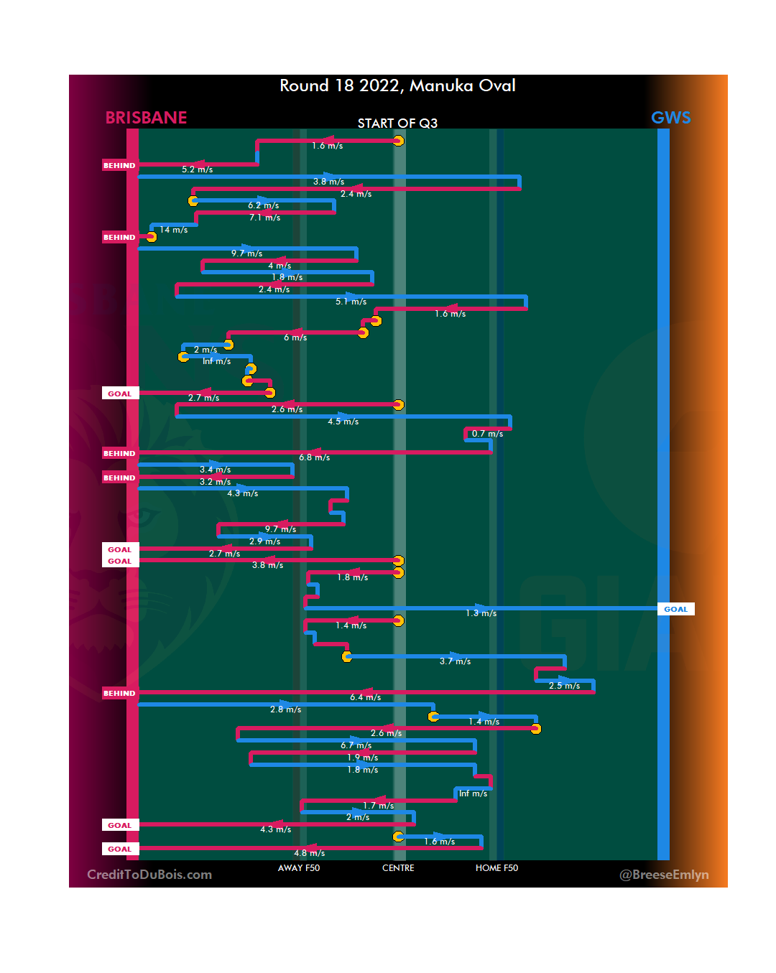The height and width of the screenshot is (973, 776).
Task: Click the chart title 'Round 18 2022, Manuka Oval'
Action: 397,85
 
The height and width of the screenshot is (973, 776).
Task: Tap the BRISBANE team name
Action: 146,118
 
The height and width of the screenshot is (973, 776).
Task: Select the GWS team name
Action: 670,118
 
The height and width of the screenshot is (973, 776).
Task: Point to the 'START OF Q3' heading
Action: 397,124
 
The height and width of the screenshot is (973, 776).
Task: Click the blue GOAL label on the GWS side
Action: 675,609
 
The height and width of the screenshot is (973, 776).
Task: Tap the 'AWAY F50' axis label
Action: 299,868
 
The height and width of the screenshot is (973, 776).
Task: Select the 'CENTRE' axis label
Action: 398,868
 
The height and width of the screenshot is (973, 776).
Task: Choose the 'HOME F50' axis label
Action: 496,868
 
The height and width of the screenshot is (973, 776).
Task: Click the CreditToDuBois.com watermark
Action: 149,875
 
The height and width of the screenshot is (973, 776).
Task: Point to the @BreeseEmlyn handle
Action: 664,875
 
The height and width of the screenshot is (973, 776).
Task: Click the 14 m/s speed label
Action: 174,230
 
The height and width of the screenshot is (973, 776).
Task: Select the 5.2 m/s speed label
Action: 197,169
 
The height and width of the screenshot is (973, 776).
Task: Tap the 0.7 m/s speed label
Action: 487,434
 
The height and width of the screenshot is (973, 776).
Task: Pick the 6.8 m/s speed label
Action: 315,457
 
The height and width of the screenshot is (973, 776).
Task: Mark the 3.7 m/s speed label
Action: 455,661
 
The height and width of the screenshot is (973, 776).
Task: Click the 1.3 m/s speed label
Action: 481,613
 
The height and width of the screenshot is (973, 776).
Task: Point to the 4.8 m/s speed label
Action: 309,853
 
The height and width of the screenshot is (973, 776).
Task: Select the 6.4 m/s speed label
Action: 365,697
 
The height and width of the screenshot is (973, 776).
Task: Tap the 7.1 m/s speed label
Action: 264,218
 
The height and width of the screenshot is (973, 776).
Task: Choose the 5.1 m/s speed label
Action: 351,302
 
